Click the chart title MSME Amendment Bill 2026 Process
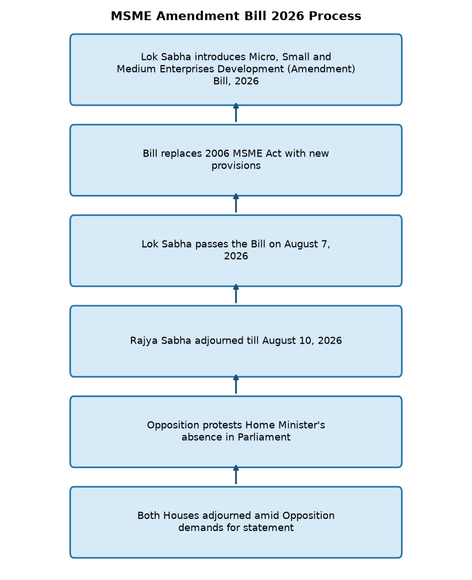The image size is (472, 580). (x=236, y=16)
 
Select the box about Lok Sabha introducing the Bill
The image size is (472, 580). (x=236, y=69)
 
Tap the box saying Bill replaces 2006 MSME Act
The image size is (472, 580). (x=236, y=160)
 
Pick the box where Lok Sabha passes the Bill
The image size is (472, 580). (x=236, y=251)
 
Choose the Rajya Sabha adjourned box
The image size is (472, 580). (x=236, y=341)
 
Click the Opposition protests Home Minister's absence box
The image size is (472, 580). (x=236, y=432)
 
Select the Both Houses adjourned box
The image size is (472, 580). (x=236, y=522)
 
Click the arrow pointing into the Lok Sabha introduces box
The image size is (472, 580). (x=236, y=113)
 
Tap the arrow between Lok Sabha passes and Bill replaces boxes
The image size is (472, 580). (x=236, y=203)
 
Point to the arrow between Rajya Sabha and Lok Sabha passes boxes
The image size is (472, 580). (x=236, y=294)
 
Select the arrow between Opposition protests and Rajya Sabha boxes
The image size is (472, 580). (x=236, y=384)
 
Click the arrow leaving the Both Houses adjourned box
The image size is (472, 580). (x=236, y=475)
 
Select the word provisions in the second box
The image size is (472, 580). (x=236, y=166)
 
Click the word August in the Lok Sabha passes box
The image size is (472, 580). (x=301, y=245)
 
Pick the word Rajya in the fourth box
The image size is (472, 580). (x=144, y=341)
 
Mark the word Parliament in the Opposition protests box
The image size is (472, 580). (x=264, y=437)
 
